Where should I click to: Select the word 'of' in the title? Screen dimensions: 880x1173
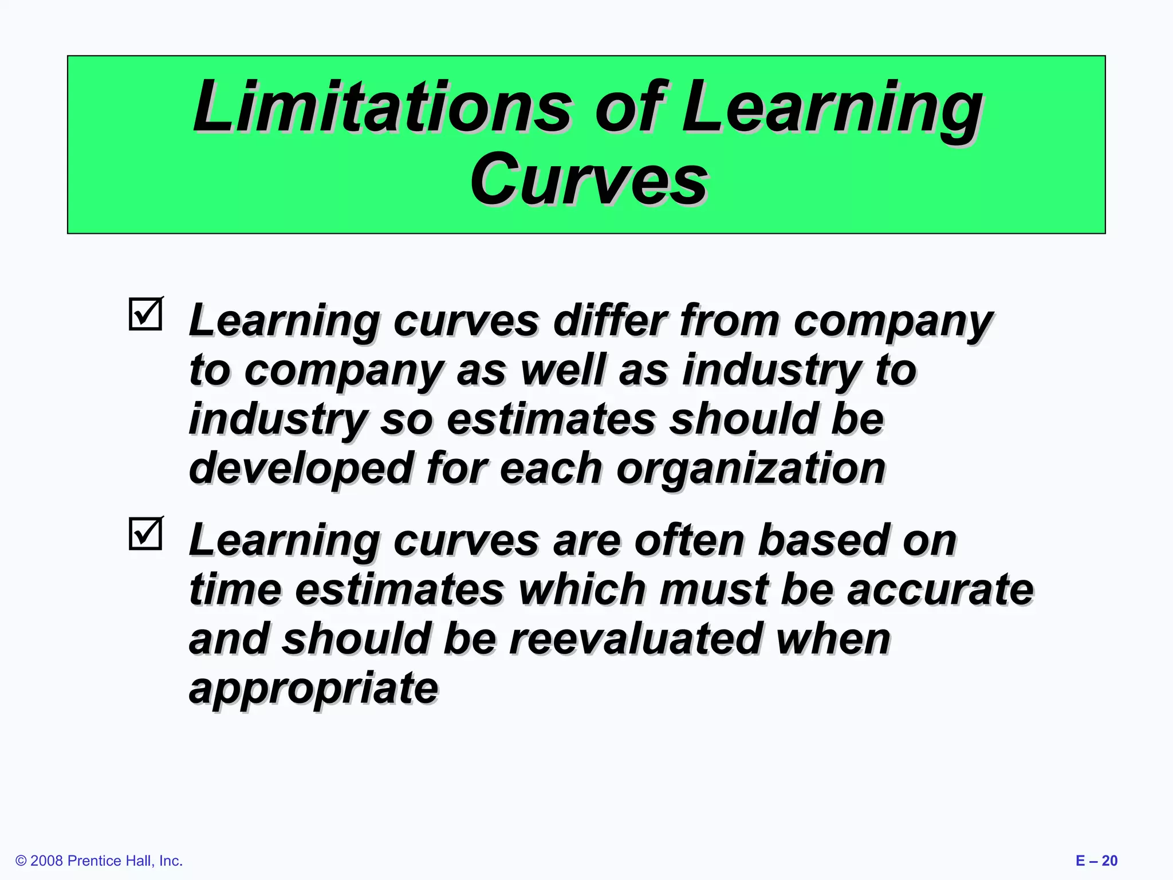(x=630, y=107)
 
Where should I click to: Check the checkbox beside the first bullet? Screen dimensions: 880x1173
(x=145, y=315)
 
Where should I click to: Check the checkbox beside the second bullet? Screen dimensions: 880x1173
(x=145, y=534)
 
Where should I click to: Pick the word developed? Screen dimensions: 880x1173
(x=301, y=468)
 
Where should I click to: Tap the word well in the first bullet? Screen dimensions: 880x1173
(x=562, y=370)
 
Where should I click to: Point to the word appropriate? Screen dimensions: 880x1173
(x=313, y=689)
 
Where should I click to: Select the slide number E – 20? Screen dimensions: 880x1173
(x=1096, y=861)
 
